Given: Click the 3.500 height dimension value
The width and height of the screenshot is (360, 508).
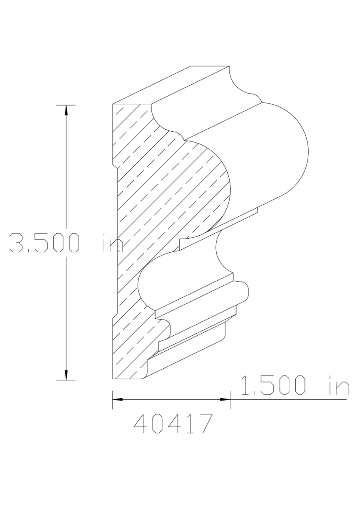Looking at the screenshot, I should click(44, 243).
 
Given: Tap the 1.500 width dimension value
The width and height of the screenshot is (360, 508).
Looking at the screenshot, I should click(273, 385).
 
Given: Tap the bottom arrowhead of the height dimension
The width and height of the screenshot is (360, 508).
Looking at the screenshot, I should click(66, 375).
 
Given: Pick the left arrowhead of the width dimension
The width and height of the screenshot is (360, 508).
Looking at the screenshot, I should click(118, 399).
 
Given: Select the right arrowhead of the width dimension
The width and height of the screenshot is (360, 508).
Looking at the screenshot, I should click(225, 399).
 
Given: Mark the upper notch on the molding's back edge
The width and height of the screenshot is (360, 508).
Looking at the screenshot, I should click(114, 163).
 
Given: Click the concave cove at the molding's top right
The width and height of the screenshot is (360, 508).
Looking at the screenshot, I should click(239, 83).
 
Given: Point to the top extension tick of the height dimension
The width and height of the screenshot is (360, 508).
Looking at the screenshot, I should click(66, 105).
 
